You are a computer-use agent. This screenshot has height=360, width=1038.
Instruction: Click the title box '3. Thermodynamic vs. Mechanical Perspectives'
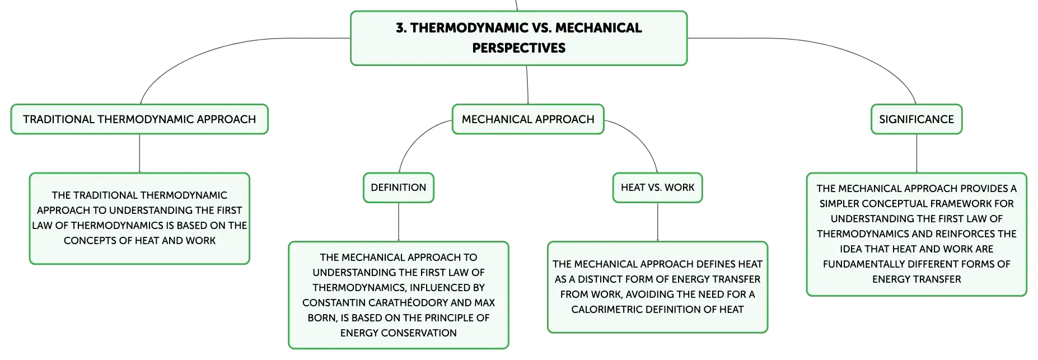coord(518,38)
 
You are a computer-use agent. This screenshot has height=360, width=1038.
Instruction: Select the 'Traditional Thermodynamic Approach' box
coord(139,119)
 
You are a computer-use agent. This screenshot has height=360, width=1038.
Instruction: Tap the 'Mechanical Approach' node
coord(528,119)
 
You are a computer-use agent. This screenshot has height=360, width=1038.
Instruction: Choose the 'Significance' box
coord(917,119)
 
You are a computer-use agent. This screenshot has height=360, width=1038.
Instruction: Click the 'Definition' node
coord(399,188)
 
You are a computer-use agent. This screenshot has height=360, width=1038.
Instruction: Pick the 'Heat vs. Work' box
coord(657,188)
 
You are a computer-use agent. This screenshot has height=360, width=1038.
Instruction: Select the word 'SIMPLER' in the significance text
coord(840,204)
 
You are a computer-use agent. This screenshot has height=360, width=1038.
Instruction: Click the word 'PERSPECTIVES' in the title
coord(519,48)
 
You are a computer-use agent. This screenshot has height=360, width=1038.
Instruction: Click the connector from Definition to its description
coord(399,222)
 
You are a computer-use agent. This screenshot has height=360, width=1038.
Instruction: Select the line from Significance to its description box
coord(917,153)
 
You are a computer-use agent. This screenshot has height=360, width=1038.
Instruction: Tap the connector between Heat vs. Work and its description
coord(657,222)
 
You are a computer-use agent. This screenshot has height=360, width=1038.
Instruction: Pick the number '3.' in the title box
coord(401,28)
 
